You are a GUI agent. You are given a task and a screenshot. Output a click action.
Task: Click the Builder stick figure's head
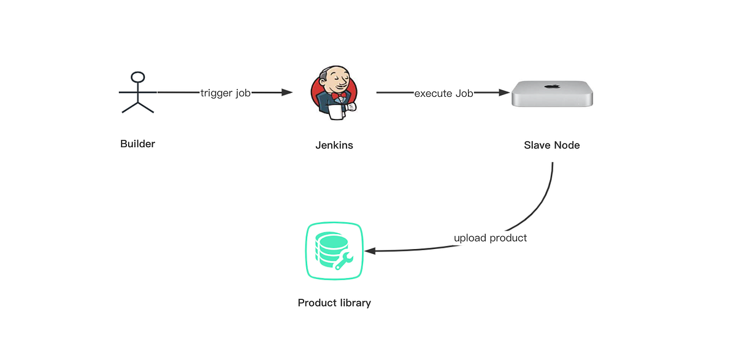click(139, 77)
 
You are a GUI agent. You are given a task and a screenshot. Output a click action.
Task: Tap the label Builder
click(138, 144)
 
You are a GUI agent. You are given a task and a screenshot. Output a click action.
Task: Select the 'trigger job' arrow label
click(225, 93)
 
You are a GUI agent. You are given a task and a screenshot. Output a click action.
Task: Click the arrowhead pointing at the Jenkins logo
click(286, 93)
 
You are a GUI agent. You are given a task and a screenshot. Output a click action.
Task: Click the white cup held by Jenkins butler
click(334, 112)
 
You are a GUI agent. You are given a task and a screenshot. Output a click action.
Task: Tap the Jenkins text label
click(334, 146)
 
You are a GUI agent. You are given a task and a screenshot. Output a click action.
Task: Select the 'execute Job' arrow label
click(443, 94)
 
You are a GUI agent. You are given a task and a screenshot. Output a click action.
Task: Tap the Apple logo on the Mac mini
click(552, 87)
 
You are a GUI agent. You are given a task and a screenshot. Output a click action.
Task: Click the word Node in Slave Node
click(566, 145)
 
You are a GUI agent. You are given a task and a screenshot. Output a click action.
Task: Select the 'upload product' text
click(490, 238)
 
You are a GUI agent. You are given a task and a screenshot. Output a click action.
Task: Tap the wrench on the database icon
click(343, 259)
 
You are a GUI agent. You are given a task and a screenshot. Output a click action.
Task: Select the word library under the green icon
click(355, 303)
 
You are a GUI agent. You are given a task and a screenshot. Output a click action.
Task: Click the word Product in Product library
click(317, 303)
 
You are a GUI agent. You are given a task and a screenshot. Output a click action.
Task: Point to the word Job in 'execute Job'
click(464, 94)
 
